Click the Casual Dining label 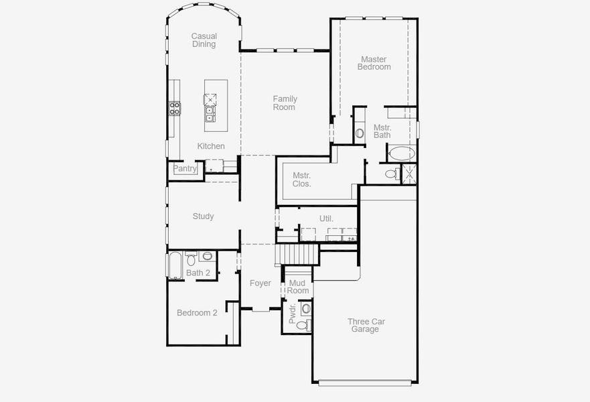(x=204, y=40)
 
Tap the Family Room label (x=285, y=103)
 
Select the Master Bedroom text (x=374, y=63)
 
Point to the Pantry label (x=186, y=169)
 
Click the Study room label (x=203, y=216)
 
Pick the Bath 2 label (x=198, y=273)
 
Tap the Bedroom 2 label (x=197, y=313)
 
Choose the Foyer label (x=260, y=283)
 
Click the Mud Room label (x=298, y=287)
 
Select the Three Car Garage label (x=366, y=325)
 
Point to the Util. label (x=326, y=218)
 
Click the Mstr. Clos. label (x=301, y=180)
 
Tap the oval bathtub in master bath (x=402, y=153)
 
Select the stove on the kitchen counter (x=174, y=108)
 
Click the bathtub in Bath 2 (x=175, y=265)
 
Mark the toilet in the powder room (x=303, y=325)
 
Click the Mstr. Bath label (x=382, y=131)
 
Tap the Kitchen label (x=211, y=146)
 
